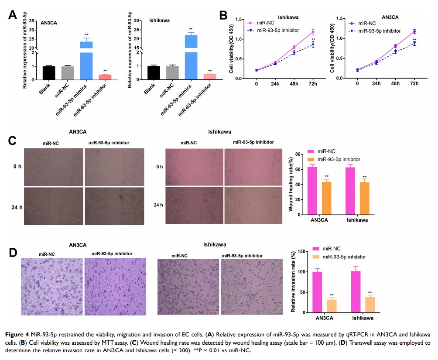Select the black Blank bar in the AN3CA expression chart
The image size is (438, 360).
tap(49, 72)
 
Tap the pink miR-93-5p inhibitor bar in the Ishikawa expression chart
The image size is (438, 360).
tap(210, 76)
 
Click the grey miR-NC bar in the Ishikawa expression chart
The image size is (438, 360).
tap(173, 72)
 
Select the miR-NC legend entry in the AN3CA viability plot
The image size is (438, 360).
tap(367, 23)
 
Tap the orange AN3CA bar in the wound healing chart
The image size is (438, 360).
tap(327, 198)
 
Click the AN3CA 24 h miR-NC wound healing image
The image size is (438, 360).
tap(54, 206)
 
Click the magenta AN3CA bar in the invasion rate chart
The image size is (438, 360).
tap(318, 291)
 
